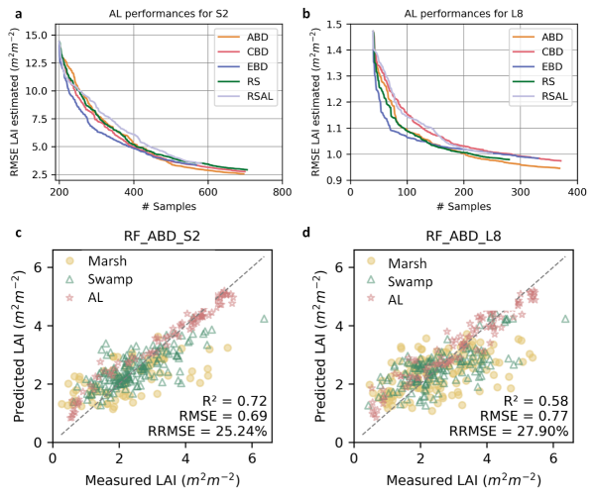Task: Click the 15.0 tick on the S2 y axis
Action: [36, 34]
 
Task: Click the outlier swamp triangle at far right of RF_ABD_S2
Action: [264, 319]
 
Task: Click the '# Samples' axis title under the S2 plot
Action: [164, 208]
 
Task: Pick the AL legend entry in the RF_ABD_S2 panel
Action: [95, 298]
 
